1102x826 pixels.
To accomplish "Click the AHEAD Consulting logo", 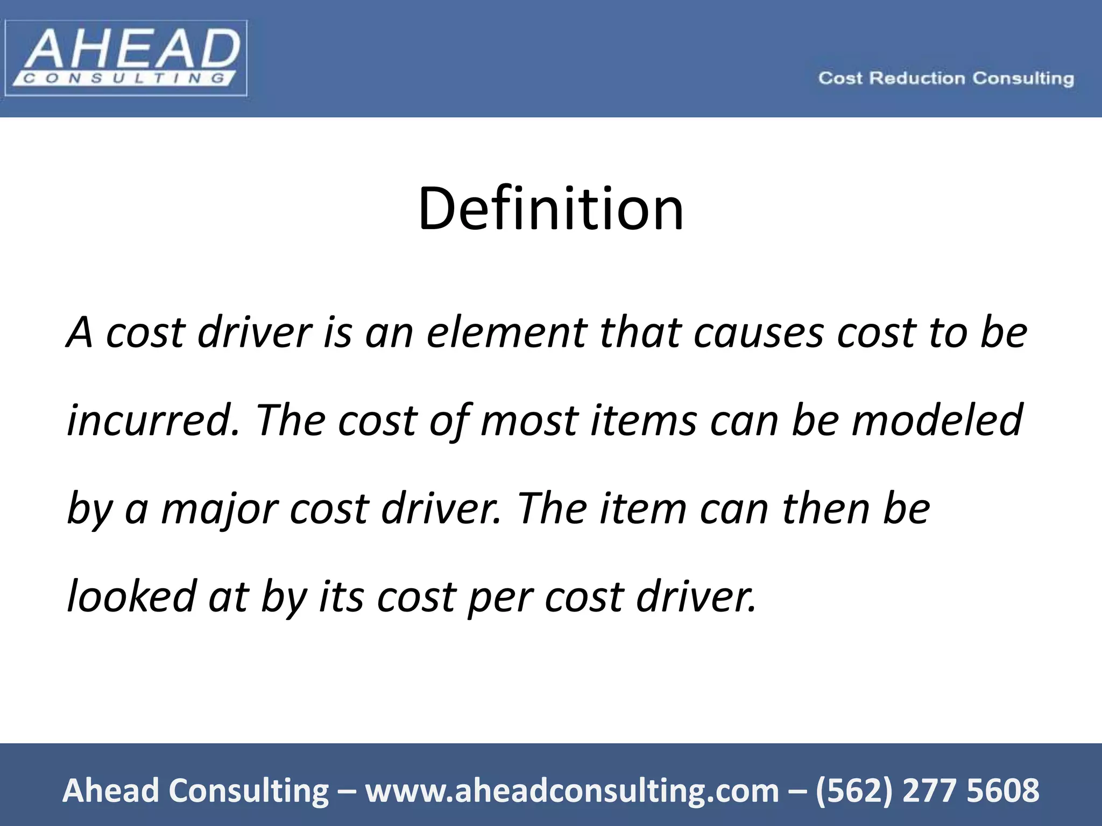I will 126,58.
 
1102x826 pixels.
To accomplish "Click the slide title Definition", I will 550,209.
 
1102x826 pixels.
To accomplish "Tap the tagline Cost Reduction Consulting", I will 946,79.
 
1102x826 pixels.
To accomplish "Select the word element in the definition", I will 506,332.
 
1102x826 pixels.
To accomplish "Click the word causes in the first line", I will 758,332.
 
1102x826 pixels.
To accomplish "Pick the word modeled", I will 937,421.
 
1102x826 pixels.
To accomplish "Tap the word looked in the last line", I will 132,596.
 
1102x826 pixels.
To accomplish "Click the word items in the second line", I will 644,421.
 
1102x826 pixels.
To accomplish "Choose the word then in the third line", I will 826,509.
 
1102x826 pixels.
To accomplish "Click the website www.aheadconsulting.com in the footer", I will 572,791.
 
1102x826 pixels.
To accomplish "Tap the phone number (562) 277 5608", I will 927,791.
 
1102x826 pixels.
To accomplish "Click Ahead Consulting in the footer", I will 195,791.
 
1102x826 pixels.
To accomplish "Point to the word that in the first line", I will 640,332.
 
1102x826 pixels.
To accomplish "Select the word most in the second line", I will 529,421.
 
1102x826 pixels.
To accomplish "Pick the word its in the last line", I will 341,596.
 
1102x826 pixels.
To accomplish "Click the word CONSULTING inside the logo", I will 124,79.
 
